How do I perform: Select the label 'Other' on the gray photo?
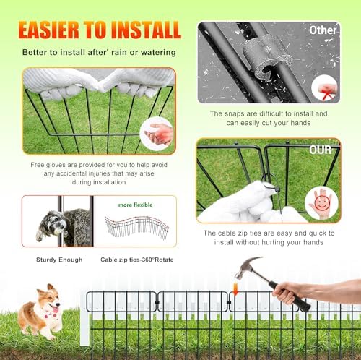pos(323,30)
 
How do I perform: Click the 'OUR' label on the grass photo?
pos(321,150)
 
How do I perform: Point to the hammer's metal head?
pos(247,267)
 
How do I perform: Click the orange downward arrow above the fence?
pos(235,289)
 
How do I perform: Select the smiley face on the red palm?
pos(321,203)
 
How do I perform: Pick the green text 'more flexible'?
pos(136,205)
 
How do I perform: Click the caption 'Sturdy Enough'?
pos(59,260)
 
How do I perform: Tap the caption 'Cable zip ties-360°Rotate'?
pos(137,260)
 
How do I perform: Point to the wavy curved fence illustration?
pos(136,228)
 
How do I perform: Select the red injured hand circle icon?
pos(157,134)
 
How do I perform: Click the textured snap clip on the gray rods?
pos(268,56)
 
